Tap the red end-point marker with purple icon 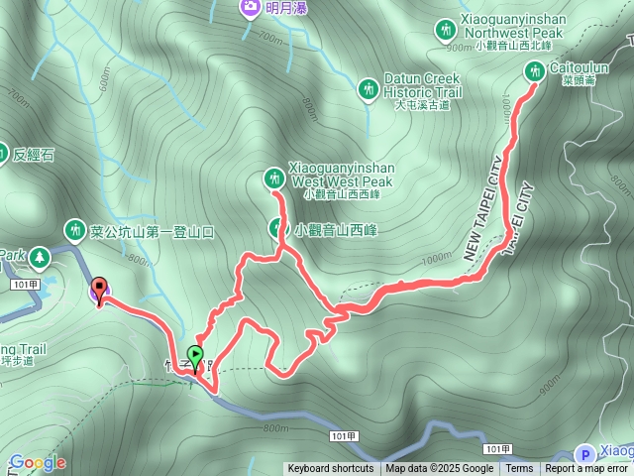point(99,293)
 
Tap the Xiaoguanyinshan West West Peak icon point(273,178)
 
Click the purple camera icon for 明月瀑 point(251,9)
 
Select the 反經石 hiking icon point(3,154)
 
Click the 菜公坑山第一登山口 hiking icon point(74,231)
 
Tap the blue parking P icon point(583,452)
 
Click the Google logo point(37,463)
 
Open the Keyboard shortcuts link point(331,469)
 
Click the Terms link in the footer point(519,469)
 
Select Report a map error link point(587,469)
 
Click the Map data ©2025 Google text point(439,469)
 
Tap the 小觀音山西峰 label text point(336,230)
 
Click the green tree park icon point(40,258)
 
